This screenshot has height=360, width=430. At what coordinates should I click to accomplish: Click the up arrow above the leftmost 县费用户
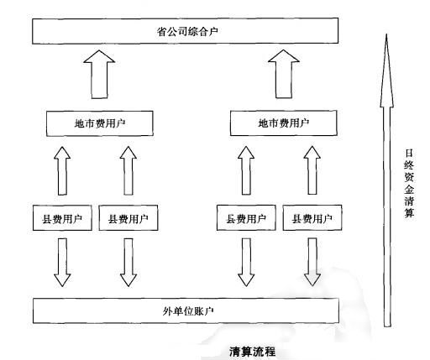(x=63, y=172)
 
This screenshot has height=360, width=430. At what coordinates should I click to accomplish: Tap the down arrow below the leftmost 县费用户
(x=63, y=263)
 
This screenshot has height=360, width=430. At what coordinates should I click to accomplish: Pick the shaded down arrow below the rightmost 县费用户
(x=312, y=263)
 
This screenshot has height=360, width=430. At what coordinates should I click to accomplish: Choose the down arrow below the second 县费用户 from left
(x=128, y=263)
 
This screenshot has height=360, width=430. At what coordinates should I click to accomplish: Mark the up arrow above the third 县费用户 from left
(x=246, y=172)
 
